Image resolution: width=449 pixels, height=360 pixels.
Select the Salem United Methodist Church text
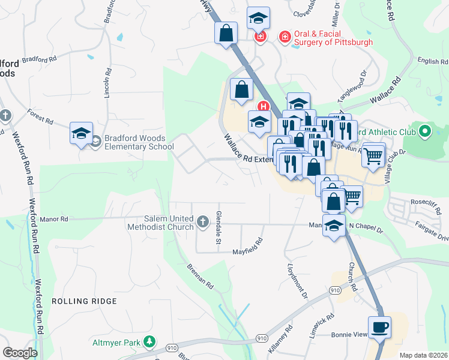[x=160, y=223]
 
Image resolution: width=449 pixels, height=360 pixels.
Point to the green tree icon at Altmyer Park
[x=149, y=342]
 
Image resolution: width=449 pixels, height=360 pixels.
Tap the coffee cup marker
[x=379, y=328]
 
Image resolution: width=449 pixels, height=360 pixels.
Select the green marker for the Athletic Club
[x=426, y=130]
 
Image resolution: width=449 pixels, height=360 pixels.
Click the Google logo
[x=20, y=352]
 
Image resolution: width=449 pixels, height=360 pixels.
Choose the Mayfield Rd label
[x=248, y=247]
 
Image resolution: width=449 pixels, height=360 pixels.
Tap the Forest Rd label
[x=40, y=116]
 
